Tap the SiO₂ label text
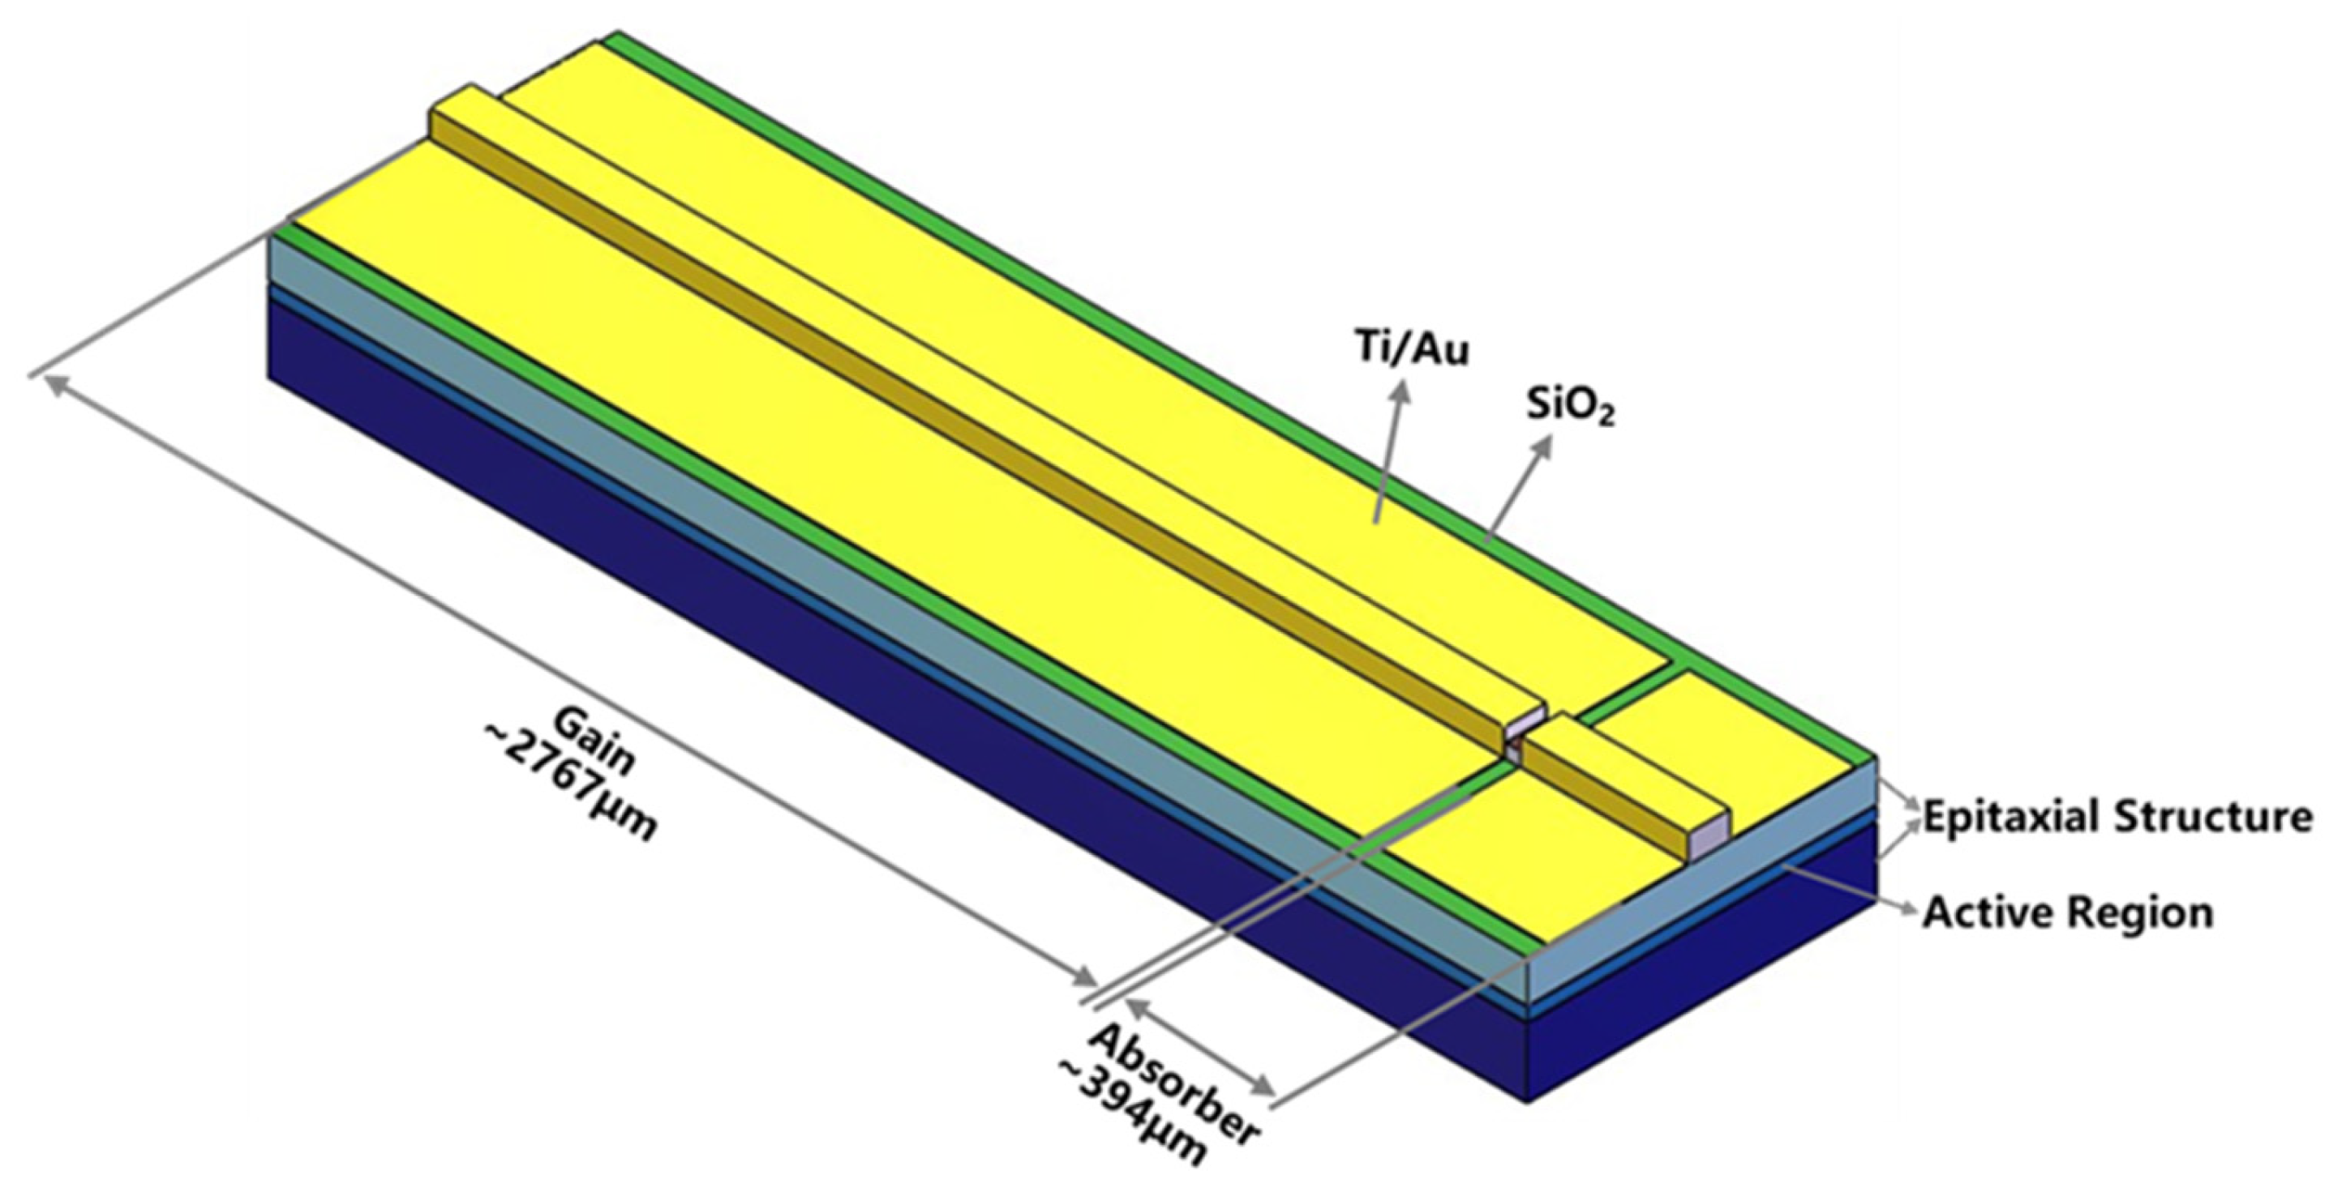(1571, 407)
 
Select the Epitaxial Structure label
(2116, 817)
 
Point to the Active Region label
(2067, 912)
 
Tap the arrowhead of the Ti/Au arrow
(1403, 389)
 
